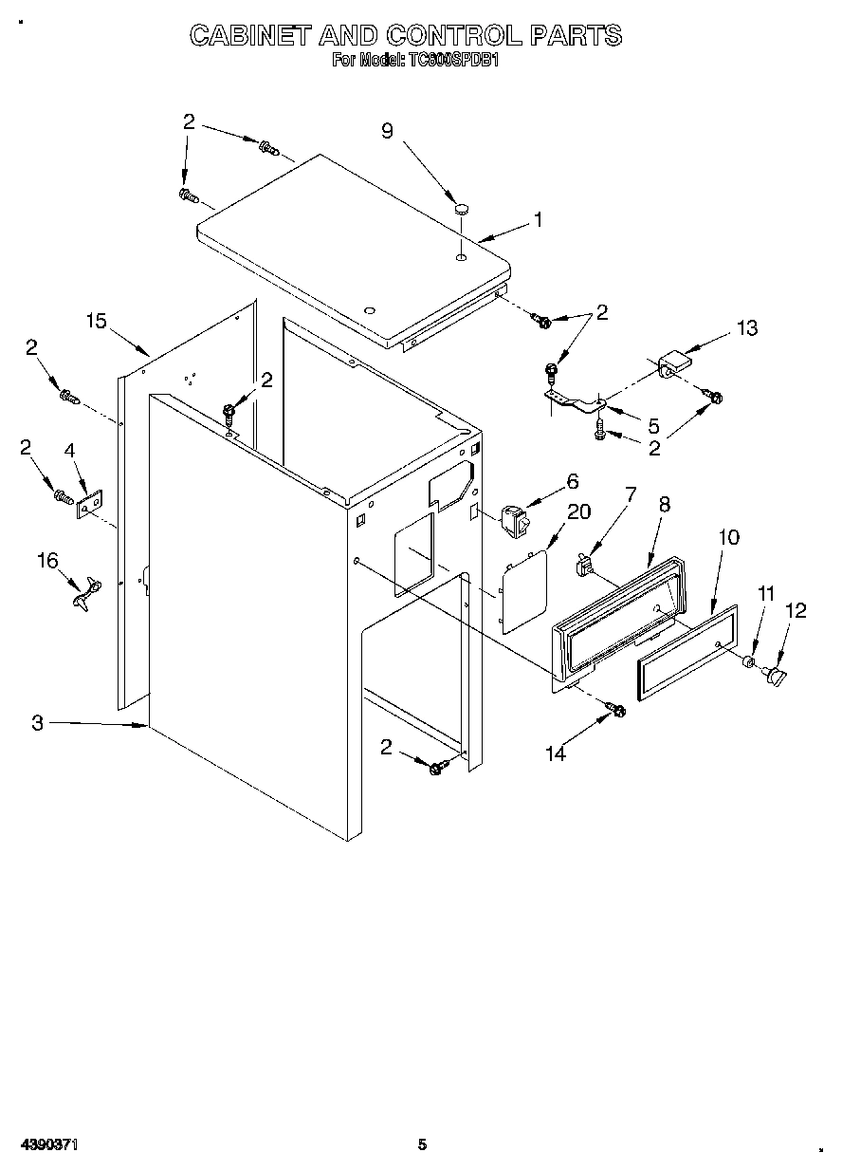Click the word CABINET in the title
250,36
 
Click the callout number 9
388,131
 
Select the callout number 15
96,321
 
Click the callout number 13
747,328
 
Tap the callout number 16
47,560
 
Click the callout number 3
37,723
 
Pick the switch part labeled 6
512,520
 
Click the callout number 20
577,511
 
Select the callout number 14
556,753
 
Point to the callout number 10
728,536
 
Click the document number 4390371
46,1144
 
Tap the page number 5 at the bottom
423,1144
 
